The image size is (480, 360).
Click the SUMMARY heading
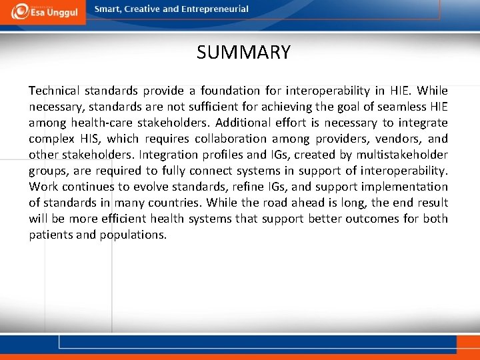(243, 52)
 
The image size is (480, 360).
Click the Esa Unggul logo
(43, 11)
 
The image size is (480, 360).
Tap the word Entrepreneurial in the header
(214, 9)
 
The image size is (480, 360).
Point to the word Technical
(54, 91)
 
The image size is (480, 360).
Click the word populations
(133, 235)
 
